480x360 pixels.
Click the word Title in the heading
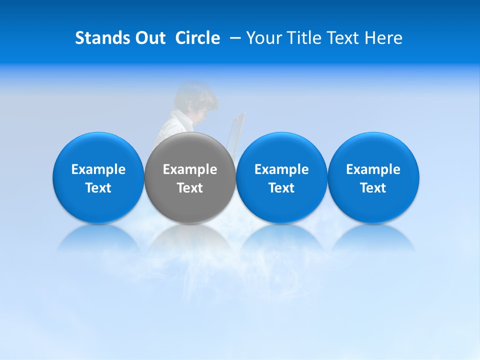point(310,38)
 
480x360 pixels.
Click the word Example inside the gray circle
point(190,169)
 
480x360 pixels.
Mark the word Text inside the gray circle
point(190,188)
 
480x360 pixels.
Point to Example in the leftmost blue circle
point(98,169)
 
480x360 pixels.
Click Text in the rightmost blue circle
point(373,188)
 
